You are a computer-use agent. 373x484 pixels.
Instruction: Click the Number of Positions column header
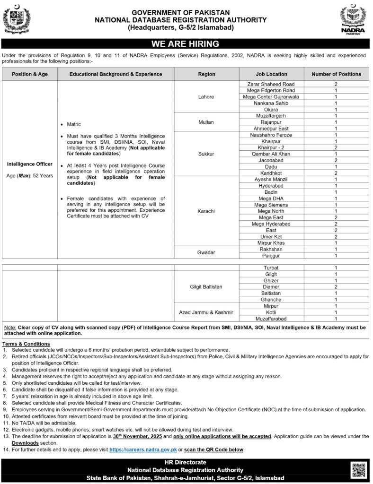tap(336, 74)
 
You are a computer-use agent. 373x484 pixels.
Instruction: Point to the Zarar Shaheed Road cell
tap(271, 84)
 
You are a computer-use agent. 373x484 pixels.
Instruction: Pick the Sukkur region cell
tap(206, 154)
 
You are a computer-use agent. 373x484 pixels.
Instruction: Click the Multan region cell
tap(206, 122)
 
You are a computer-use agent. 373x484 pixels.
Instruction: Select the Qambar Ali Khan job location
tap(271, 154)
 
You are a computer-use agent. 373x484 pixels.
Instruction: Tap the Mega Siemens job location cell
tap(271, 205)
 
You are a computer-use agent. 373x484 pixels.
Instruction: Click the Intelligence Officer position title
tap(30, 164)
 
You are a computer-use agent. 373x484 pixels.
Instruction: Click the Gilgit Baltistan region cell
tap(206, 287)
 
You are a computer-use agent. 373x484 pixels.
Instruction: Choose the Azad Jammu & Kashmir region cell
tap(206, 312)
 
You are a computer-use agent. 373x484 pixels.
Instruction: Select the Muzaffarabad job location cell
tap(271, 319)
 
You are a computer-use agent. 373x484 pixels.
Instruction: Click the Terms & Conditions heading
tap(26, 344)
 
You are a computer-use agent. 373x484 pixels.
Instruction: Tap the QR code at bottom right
tap(358, 470)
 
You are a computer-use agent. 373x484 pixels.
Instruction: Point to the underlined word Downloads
tap(25, 443)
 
